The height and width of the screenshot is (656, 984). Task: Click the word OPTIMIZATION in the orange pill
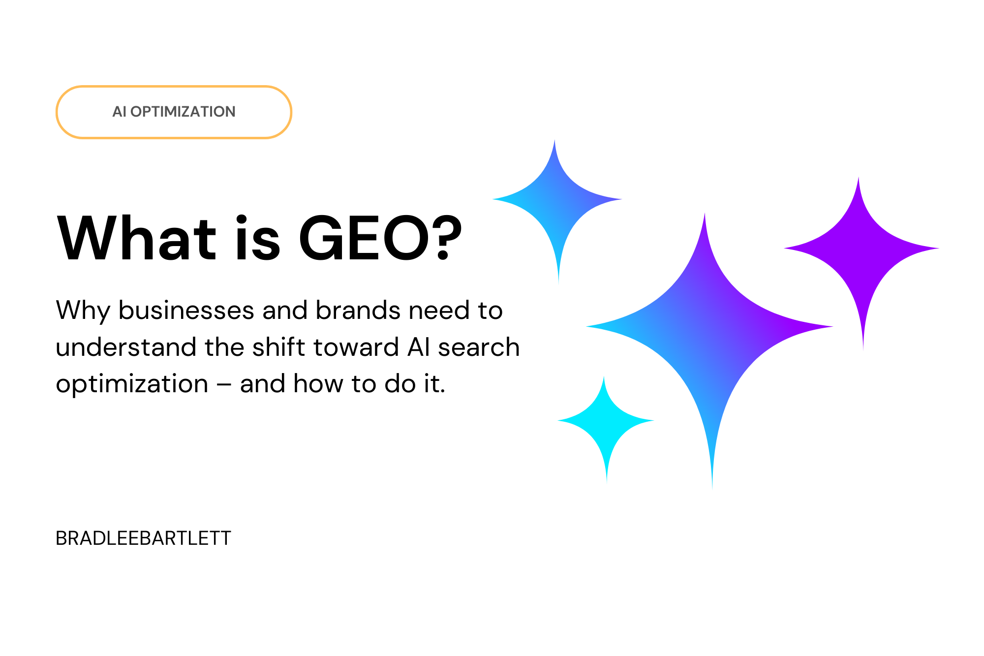183,112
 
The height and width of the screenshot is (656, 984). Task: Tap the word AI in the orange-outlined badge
119,112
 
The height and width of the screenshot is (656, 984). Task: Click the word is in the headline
257,239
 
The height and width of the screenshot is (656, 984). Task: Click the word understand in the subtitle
126,347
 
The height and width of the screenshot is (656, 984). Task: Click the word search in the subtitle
479,347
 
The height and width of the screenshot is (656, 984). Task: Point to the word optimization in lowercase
132,384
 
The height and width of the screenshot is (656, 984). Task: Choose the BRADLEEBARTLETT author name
143,538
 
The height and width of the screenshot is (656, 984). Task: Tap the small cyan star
606,421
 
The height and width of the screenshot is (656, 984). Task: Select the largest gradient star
709,327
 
